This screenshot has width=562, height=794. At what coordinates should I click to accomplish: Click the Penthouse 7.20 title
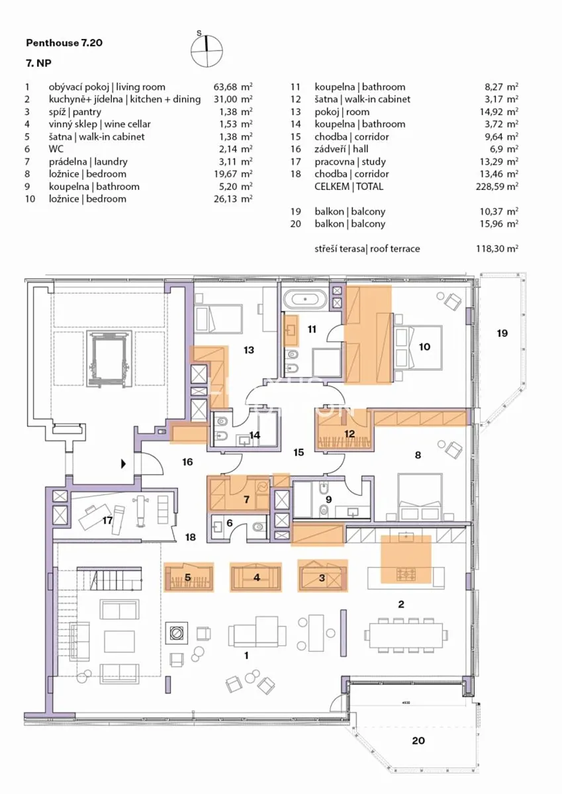(x=64, y=43)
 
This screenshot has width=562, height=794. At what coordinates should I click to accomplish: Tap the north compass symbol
(x=207, y=50)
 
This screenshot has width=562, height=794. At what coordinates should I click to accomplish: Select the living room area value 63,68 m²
(x=233, y=87)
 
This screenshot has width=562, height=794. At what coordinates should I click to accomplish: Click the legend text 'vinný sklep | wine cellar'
(x=100, y=124)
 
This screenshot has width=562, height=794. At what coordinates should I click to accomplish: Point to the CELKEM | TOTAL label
(x=349, y=187)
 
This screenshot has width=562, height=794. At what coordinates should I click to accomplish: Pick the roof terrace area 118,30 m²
(x=497, y=249)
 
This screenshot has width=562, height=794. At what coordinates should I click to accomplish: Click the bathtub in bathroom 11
(x=305, y=300)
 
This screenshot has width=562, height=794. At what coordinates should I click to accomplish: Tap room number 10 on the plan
(x=424, y=346)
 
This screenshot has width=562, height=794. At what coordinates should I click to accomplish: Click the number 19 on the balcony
(x=502, y=333)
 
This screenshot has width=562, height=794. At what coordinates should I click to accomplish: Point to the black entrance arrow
(x=123, y=464)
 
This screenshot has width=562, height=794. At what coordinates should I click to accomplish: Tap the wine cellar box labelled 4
(x=256, y=578)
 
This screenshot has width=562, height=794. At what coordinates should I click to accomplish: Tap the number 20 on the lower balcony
(x=418, y=740)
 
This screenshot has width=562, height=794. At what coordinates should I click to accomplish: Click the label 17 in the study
(x=107, y=520)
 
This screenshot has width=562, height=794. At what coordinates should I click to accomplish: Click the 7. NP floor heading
(x=38, y=63)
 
